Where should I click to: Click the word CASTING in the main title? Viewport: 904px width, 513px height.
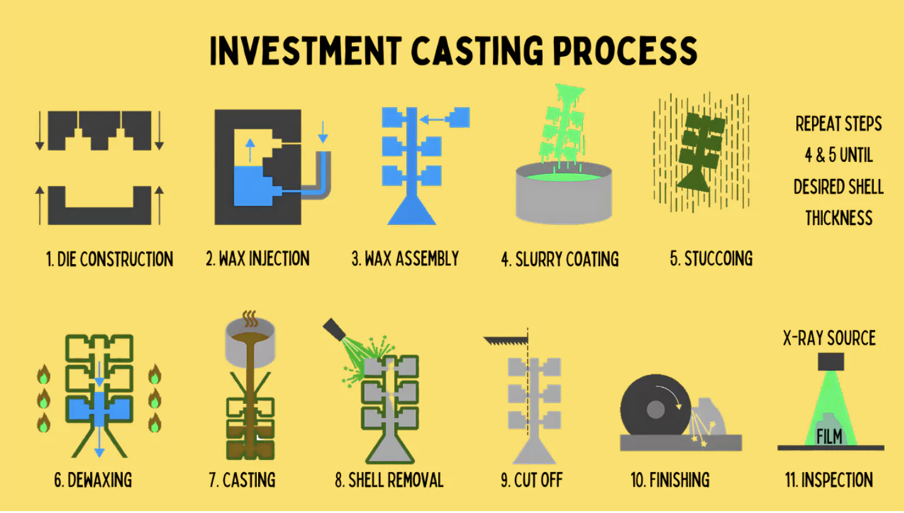pos(477,50)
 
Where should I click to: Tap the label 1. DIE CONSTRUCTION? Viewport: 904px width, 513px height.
pos(110,259)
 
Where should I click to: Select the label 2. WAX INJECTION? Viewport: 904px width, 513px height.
pos(257,258)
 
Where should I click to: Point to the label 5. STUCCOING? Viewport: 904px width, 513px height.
pos(711,258)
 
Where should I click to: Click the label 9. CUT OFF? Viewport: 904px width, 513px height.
pos(531,480)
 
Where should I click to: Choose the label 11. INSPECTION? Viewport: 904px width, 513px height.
pos(829,480)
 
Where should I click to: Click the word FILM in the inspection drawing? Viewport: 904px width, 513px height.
pos(829,436)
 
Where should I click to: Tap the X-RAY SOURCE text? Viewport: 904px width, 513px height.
pos(829,338)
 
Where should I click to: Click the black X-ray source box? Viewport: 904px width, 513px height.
pos(831,362)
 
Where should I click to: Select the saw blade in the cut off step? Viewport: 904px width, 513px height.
pos(506,340)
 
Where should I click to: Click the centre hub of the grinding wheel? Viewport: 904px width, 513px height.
pos(655,410)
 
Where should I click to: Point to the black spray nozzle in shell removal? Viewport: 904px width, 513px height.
pos(334,330)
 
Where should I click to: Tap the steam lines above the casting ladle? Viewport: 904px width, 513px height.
pos(250,319)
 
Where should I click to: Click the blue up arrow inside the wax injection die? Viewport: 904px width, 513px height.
pos(250,150)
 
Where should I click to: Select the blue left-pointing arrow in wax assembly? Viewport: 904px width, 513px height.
pos(432,120)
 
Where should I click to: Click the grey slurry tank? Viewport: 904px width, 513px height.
pos(564,193)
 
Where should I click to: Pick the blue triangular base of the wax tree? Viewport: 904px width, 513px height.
pos(412,210)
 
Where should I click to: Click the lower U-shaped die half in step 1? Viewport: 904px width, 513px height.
pos(99,205)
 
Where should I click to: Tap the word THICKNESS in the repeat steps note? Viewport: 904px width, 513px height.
pos(839,218)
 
